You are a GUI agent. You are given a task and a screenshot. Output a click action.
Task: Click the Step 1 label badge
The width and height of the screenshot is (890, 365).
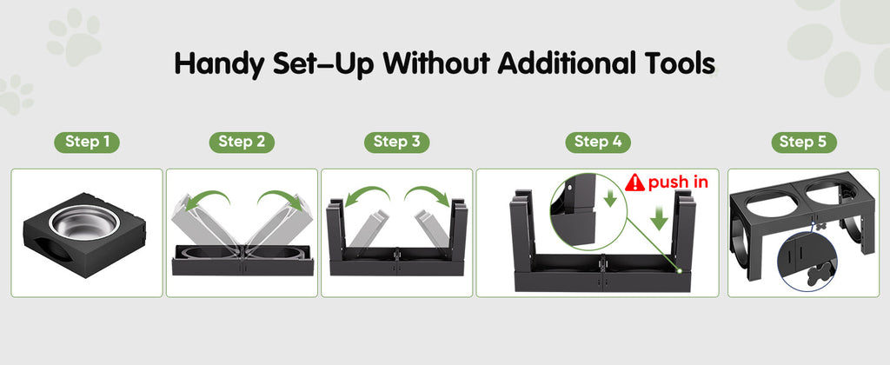pos(87,143)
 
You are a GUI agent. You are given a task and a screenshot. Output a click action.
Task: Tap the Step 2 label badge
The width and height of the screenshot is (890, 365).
pos(242,143)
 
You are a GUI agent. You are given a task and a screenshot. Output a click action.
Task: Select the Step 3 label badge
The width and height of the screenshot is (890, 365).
pos(396,143)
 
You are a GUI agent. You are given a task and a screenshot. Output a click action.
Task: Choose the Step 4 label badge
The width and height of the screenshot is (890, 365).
pos(598,143)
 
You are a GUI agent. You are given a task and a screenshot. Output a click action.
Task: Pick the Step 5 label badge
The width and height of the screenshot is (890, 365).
pos(804,143)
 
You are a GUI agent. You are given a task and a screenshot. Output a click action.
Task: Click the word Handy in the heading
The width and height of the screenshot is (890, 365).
pos(219,64)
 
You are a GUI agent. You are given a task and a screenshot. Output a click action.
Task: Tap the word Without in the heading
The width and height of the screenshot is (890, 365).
pos(436,63)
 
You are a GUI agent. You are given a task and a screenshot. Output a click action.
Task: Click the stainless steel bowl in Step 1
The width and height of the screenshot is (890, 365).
pos(84,222)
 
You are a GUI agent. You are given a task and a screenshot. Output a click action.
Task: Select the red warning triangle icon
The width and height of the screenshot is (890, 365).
pos(634,182)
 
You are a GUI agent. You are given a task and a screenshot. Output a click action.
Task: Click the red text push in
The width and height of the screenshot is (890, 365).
pos(678,182)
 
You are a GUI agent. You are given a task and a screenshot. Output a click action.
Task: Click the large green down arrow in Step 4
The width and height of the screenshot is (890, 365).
pos(659,218)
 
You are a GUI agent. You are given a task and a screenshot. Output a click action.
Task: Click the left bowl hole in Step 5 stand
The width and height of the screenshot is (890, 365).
pos(767,204)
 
